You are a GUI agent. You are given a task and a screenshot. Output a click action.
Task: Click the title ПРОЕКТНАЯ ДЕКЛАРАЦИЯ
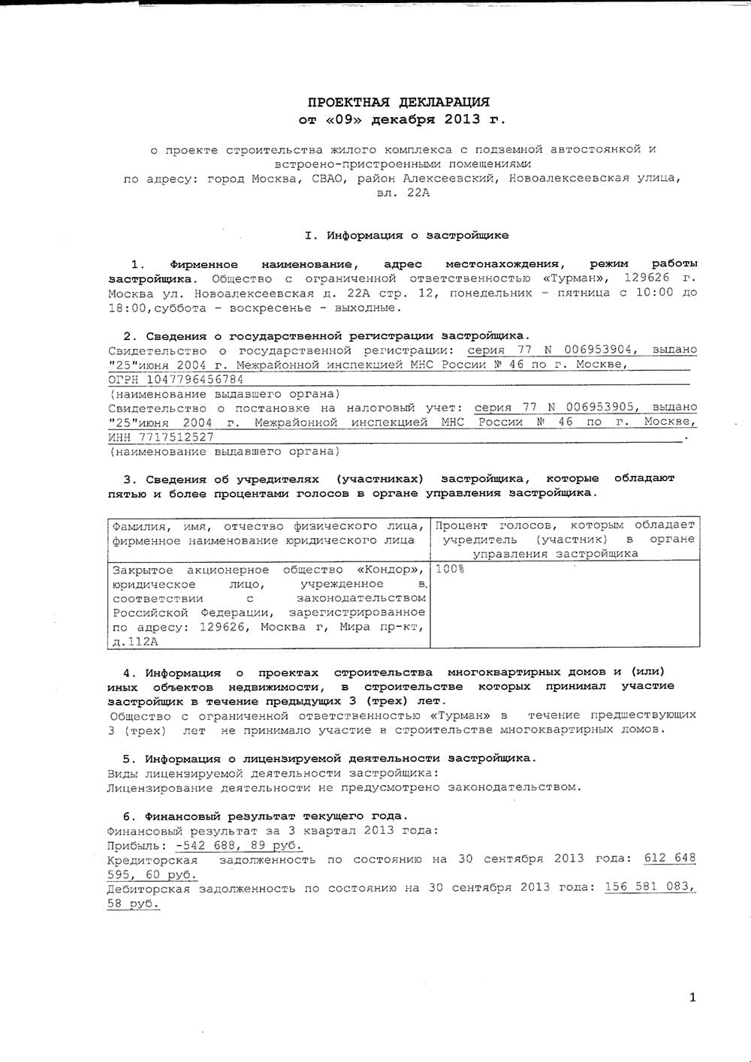pos(399,101)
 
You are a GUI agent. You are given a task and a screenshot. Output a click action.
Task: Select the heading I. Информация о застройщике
pos(406,235)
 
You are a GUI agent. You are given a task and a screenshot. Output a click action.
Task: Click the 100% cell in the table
pos(450,569)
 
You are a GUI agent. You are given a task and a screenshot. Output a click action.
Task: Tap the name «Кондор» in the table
pos(388,570)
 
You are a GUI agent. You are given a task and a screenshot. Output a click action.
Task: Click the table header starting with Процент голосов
pos(565,539)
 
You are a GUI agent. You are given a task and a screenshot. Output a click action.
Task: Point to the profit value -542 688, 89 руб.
pos(239,844)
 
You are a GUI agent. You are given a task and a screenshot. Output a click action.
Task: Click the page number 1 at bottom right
pos(692,997)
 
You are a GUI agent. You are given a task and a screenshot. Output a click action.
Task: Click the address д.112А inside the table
pos(135,642)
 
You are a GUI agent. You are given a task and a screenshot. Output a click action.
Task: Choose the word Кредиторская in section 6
pos(152,859)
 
